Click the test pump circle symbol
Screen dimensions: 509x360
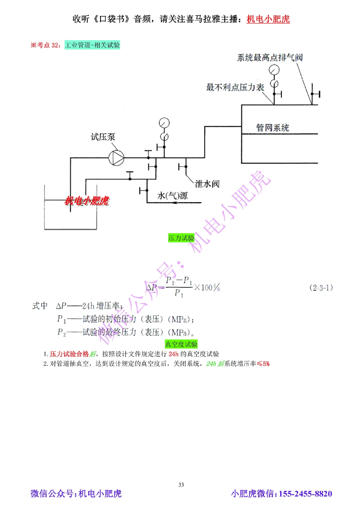pyautogui.click(x=116, y=158)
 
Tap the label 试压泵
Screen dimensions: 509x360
pyautogui.click(x=103, y=137)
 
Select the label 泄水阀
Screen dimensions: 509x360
pyautogui.click(x=207, y=184)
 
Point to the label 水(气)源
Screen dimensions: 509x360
pyautogui.click(x=172, y=195)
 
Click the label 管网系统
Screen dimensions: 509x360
pyautogui.click(x=273, y=128)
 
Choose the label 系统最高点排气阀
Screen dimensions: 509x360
pyautogui.click(x=270, y=58)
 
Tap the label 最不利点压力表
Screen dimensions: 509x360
pyautogui.click(x=235, y=87)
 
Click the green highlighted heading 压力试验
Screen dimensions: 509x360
pyautogui.click(x=181, y=238)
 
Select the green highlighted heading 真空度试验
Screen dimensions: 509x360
pyautogui.click(x=181, y=344)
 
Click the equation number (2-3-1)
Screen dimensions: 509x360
pyautogui.click(x=321, y=287)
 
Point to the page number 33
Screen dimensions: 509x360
pyautogui.click(x=181, y=485)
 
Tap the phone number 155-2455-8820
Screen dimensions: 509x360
pyautogui.click(x=305, y=494)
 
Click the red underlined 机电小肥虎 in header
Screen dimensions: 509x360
pyautogui.click(x=268, y=19)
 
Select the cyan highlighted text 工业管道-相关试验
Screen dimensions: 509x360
pyautogui.click(x=92, y=45)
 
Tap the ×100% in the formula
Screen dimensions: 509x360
pyautogui.click(x=207, y=287)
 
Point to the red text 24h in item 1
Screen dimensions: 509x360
pyautogui.click(x=174, y=354)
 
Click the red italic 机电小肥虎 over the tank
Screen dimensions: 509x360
pyautogui.click(x=87, y=201)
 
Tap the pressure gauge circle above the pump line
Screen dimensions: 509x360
pyautogui.click(x=164, y=123)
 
